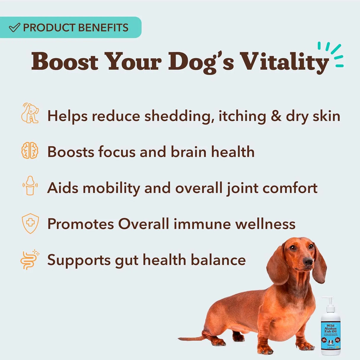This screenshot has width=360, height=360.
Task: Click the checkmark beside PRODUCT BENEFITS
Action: pyautogui.click(x=15, y=28)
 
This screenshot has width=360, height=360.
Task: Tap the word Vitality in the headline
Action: pyautogui.click(x=284, y=62)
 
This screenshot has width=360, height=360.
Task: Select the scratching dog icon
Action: pyautogui.click(x=30, y=113)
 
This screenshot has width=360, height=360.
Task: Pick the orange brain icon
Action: pyautogui.click(x=30, y=150)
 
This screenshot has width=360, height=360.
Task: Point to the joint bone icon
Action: pyautogui.click(x=30, y=186)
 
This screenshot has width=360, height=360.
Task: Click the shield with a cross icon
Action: pyautogui.click(x=30, y=223)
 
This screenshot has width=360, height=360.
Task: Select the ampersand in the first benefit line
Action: pyautogui.click(x=276, y=116)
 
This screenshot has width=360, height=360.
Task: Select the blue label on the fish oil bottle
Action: pyautogui.click(x=331, y=335)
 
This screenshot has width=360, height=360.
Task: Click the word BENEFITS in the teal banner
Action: pyautogui.click(x=103, y=28)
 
